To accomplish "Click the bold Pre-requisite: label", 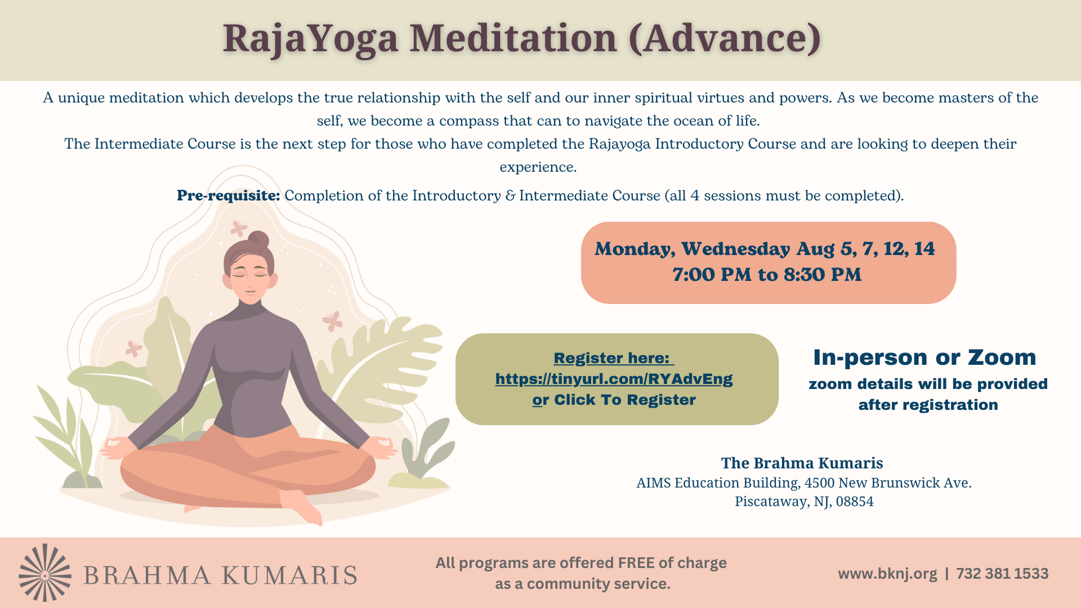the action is tap(228, 195).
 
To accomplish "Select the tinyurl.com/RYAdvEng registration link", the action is tap(614, 379).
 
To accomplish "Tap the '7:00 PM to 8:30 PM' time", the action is tap(767, 275).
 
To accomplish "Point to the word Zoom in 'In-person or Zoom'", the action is tap(1002, 357).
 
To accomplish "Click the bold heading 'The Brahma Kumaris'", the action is tap(802, 463).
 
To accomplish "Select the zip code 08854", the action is tap(855, 501).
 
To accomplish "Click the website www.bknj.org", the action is tap(887, 574).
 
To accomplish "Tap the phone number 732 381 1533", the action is tap(1002, 574).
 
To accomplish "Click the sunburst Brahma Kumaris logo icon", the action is tap(45, 573).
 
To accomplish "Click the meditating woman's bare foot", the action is tap(301, 506).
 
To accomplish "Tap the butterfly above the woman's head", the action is tap(239, 228).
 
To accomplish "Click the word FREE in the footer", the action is tap(636, 563).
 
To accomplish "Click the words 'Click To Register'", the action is tap(625, 400).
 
